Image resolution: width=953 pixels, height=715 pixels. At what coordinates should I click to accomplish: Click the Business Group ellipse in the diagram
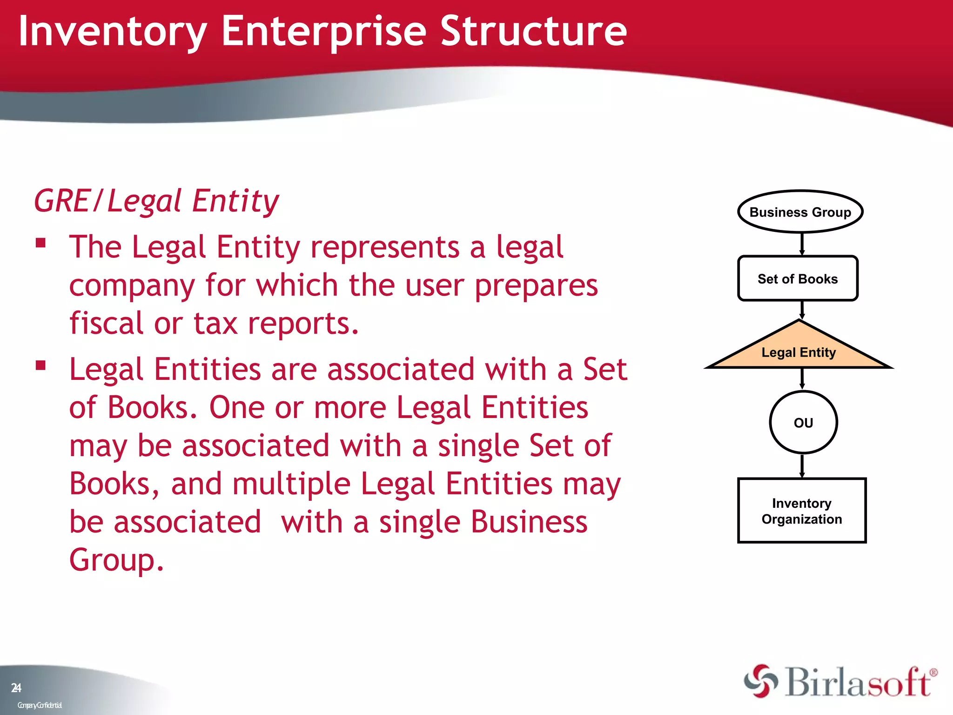click(800, 212)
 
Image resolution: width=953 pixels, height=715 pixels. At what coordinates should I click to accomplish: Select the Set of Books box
click(798, 278)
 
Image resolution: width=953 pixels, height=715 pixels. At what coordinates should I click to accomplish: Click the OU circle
click(803, 422)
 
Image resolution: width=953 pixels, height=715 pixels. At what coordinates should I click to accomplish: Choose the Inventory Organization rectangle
click(802, 511)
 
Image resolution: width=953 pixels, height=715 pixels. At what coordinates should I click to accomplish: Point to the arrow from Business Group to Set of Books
click(802, 243)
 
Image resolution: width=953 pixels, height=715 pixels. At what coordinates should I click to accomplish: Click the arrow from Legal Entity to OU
click(802, 378)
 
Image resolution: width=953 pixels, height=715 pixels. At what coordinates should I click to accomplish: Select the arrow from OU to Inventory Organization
click(802, 465)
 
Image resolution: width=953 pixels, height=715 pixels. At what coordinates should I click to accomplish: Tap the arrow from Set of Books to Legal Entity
click(802, 310)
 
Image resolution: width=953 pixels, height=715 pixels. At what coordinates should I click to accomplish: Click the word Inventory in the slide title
click(112, 32)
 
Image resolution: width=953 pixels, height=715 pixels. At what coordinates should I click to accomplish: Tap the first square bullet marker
click(41, 243)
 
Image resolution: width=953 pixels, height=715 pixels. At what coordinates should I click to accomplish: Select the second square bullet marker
click(41, 365)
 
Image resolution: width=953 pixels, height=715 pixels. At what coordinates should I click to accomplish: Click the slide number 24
click(16, 688)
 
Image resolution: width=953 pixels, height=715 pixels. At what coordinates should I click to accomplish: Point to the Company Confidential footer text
click(40, 705)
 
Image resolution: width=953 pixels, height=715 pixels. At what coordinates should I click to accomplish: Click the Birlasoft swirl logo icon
click(761, 681)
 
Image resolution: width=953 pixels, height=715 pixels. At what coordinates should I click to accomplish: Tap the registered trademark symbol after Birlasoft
click(933, 673)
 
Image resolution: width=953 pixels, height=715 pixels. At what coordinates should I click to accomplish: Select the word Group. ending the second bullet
click(116, 560)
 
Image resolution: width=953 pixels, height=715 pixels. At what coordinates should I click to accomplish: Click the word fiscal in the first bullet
click(106, 323)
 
